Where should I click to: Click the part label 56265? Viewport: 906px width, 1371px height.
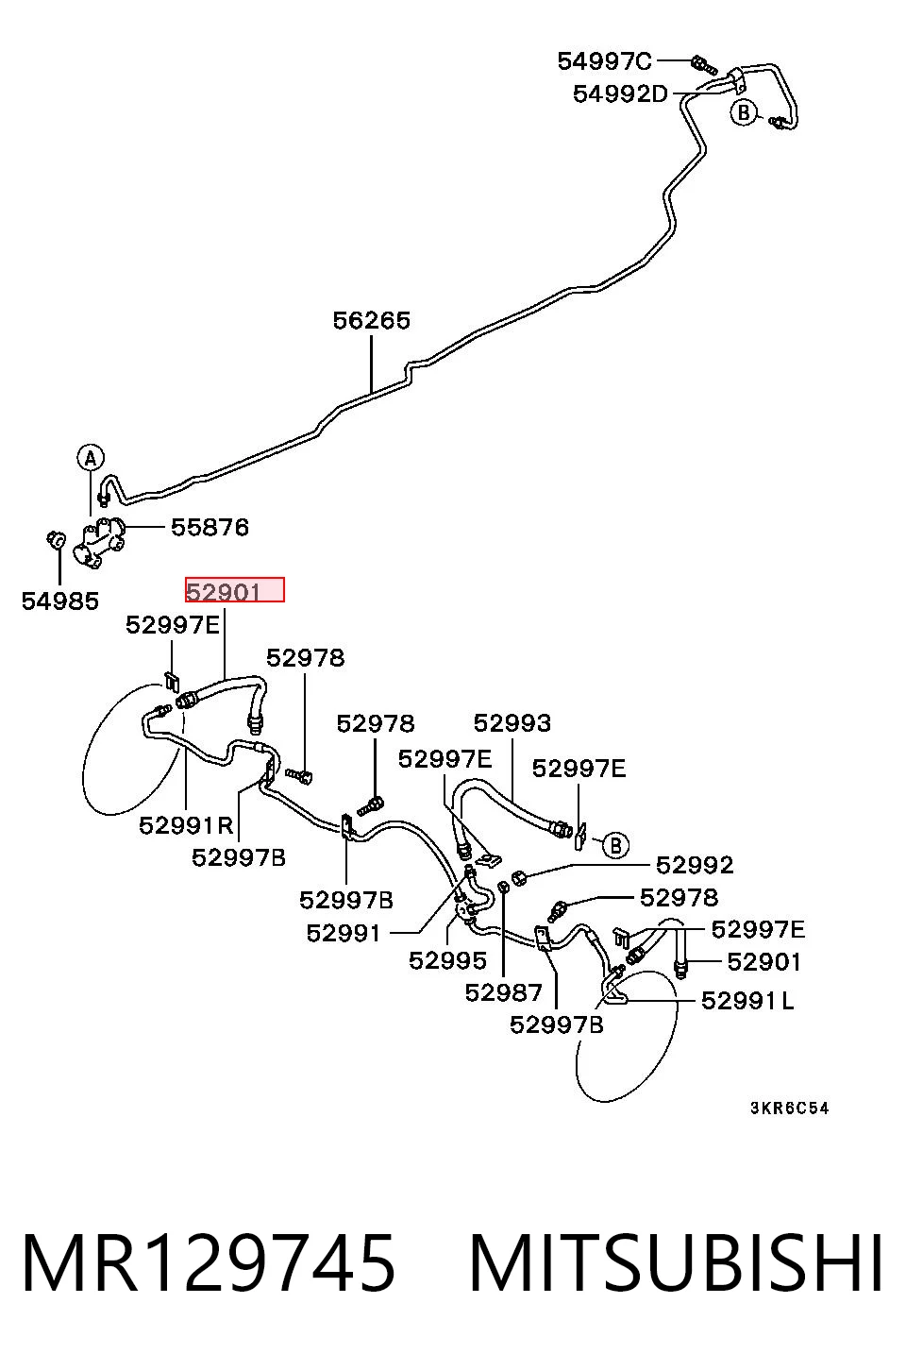[x=371, y=321]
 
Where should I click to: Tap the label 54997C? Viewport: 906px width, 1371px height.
[x=604, y=61]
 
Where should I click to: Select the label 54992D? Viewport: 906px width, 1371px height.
[x=620, y=93]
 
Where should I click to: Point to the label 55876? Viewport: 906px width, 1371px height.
[x=210, y=528]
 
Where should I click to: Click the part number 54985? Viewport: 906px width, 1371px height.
[x=60, y=601]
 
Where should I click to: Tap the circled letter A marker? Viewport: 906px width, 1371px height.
[x=91, y=458]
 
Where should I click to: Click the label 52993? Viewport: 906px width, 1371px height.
[x=512, y=723]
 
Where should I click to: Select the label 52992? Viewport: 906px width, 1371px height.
[x=695, y=865]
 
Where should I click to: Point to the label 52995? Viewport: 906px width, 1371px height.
[x=447, y=960]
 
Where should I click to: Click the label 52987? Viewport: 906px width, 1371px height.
[x=503, y=992]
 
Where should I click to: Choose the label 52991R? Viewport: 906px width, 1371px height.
[x=187, y=825]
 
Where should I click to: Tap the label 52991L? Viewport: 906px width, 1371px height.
[x=747, y=1001]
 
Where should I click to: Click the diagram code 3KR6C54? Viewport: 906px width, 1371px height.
[x=789, y=1109]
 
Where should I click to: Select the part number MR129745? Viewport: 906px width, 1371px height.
[x=209, y=1264]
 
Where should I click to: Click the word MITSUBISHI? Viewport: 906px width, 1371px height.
[x=676, y=1264]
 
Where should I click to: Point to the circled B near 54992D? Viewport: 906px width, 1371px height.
[x=744, y=112]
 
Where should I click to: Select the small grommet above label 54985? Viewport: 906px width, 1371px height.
[x=57, y=539]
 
